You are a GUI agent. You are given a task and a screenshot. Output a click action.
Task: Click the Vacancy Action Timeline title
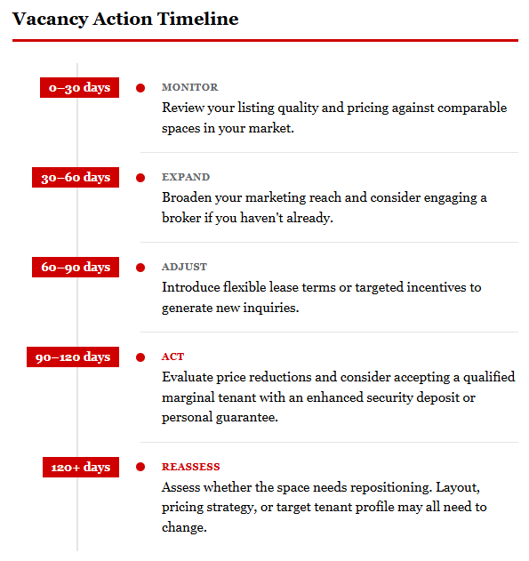tap(125, 19)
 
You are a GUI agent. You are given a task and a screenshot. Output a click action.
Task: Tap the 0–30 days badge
tap(79, 87)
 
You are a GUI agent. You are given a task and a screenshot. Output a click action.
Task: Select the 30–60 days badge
tap(75, 177)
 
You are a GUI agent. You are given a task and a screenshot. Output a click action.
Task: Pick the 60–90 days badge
tap(75, 267)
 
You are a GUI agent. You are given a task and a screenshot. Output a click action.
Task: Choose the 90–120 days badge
tap(72, 357)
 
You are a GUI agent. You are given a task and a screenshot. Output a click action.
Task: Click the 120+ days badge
tap(80, 467)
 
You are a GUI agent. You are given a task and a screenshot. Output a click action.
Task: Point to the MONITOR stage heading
tap(189, 87)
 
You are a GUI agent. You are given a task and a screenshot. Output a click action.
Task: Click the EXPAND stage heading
tap(186, 177)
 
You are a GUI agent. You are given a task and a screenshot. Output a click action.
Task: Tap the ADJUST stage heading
tap(184, 267)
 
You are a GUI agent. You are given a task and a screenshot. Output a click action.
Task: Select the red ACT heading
tap(172, 357)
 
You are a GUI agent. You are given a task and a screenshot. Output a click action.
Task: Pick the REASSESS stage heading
tap(190, 467)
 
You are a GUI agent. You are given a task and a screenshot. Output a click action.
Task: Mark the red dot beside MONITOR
tap(140, 87)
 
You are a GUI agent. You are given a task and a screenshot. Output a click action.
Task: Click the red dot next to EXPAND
tap(140, 177)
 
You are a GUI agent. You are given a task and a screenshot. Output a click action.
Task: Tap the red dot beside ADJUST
tap(140, 267)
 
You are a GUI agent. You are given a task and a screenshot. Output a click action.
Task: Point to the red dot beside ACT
tap(140, 357)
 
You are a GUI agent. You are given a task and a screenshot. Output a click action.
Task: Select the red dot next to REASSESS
tap(140, 467)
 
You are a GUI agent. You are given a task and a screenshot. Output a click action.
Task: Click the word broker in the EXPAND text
tap(182, 218)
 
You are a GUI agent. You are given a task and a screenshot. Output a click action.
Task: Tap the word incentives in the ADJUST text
tap(436, 287)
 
